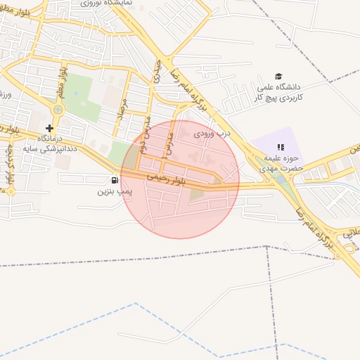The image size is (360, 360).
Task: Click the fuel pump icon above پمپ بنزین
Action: [x=115, y=181]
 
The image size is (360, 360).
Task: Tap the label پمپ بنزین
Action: [x=115, y=191]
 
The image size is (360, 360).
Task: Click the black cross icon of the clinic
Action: [x=49, y=128]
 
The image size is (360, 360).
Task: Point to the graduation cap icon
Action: [x=279, y=76]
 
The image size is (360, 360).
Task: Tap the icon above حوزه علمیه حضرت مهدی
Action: [x=280, y=147]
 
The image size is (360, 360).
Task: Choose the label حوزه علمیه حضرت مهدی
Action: [x=279, y=164]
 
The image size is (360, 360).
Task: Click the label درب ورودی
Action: [x=212, y=132]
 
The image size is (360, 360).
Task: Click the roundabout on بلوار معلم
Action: [x=58, y=109]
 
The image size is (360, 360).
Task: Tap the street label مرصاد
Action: [x=122, y=111]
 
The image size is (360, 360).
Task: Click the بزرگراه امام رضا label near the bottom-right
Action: [x=315, y=225]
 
